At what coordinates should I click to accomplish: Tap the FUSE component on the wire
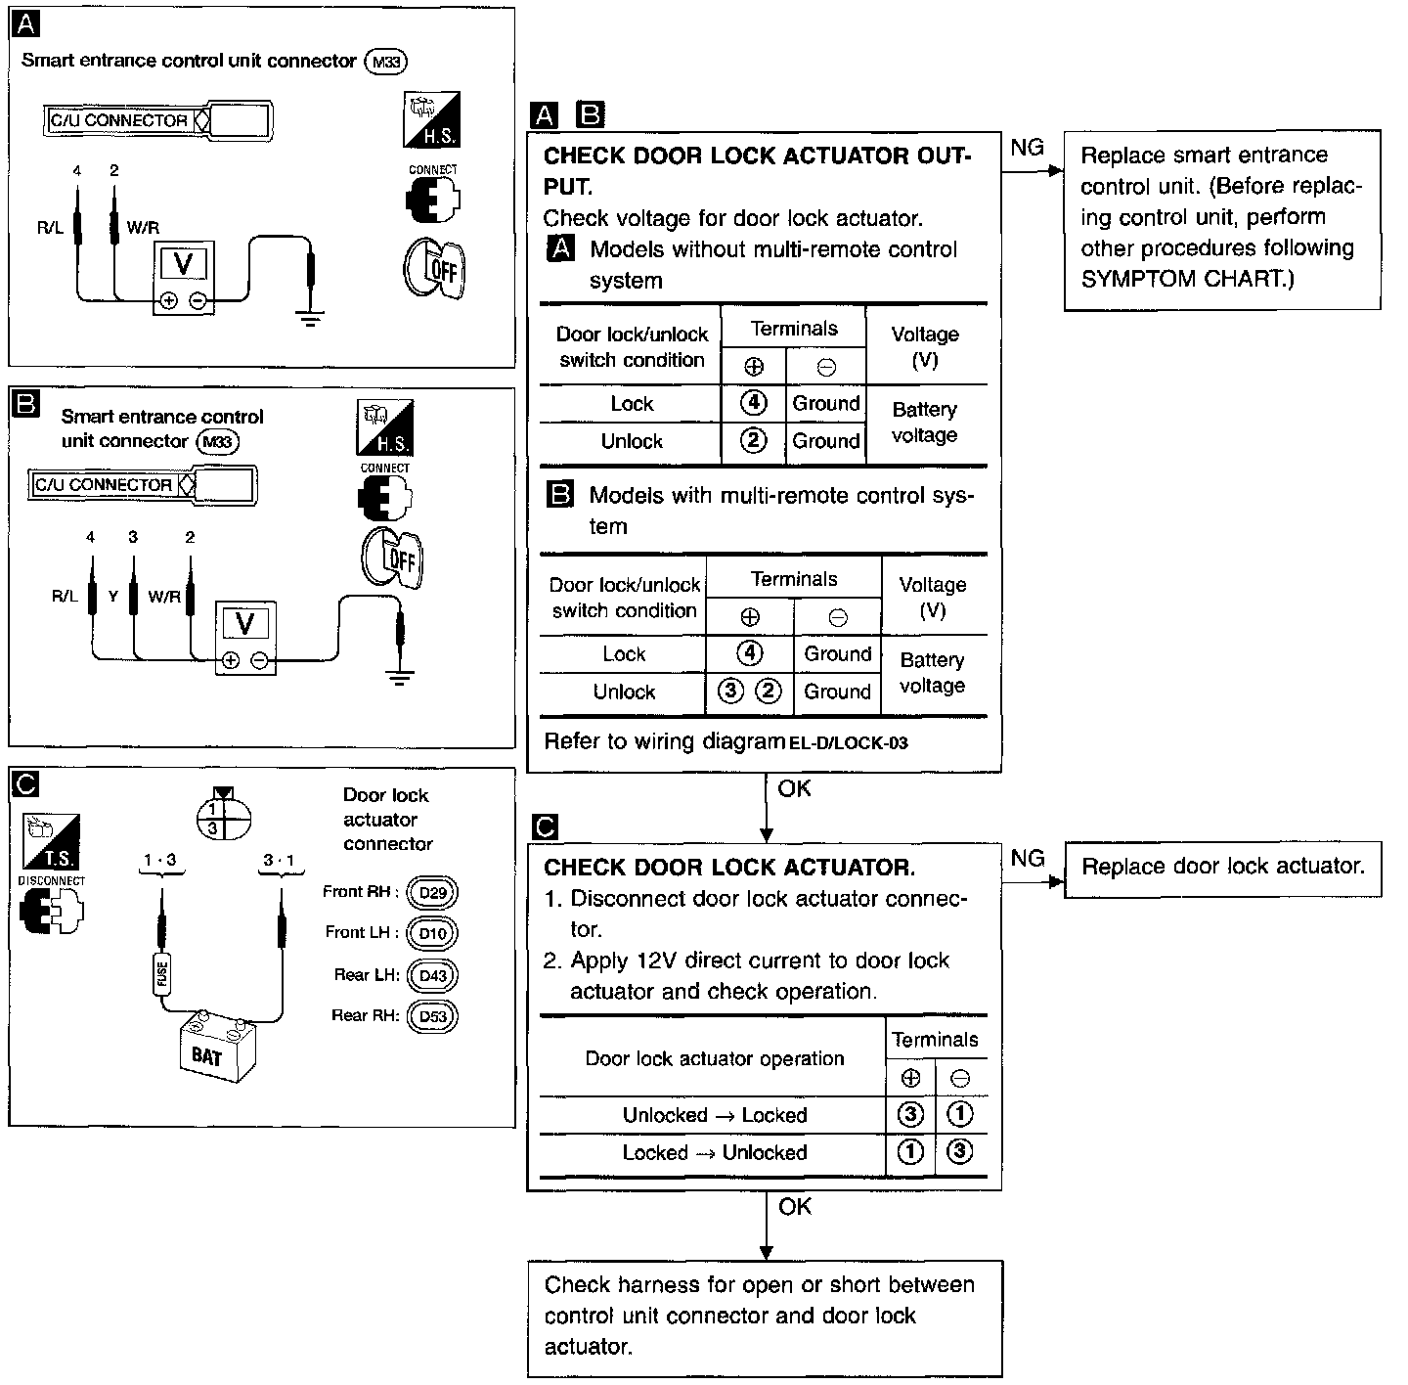point(162,973)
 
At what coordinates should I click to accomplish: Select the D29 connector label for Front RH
point(432,893)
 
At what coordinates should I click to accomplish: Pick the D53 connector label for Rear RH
point(432,1016)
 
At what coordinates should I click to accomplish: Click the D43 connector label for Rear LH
point(432,975)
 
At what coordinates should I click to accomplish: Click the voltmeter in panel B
point(245,637)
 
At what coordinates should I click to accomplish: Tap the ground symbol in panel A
point(310,317)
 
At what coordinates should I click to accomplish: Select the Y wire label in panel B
point(113,596)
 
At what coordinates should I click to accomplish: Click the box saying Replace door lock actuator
point(1222,867)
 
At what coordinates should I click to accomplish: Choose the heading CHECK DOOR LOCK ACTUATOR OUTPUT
point(757,170)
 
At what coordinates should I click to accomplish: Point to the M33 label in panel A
point(385,62)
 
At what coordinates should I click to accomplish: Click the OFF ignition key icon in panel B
point(392,560)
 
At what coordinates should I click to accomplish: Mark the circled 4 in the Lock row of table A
point(752,402)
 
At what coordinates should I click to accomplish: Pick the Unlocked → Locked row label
point(715,1115)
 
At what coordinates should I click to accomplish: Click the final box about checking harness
point(765,1317)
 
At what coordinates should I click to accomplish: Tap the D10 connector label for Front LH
point(432,933)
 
